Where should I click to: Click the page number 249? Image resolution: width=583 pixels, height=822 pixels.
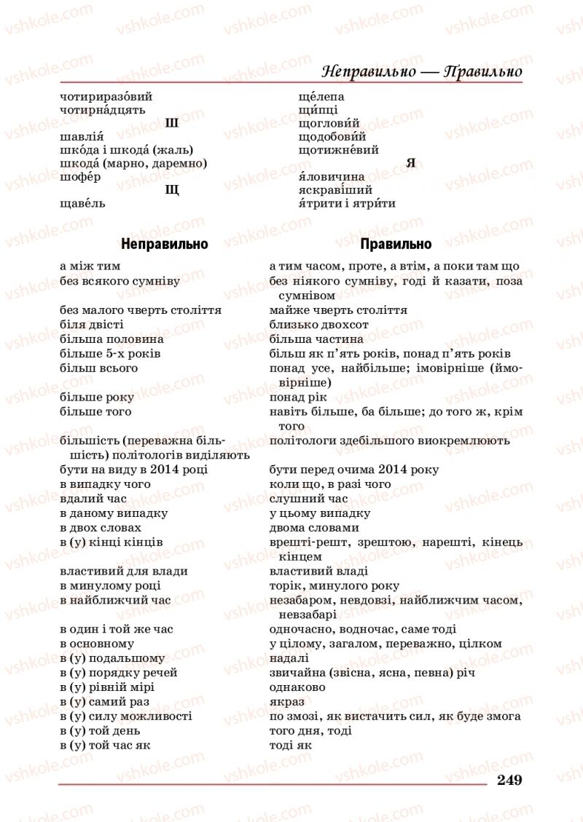click(509, 780)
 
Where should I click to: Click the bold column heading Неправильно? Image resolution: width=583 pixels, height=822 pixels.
click(165, 244)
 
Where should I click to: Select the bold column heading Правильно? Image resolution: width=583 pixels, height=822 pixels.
click(396, 244)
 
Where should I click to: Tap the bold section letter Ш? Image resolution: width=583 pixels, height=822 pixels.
click(172, 123)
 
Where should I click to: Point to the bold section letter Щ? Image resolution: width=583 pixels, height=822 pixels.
click(173, 190)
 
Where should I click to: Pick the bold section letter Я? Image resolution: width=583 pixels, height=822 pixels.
click(410, 163)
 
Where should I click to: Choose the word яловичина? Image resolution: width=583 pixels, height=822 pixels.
click(332, 177)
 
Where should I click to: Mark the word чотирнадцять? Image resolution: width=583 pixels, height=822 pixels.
click(103, 110)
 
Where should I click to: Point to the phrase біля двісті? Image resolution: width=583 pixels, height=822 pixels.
click(92, 324)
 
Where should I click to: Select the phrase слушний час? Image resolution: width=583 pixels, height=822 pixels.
click(308, 499)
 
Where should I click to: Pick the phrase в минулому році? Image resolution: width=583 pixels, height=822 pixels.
click(111, 585)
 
